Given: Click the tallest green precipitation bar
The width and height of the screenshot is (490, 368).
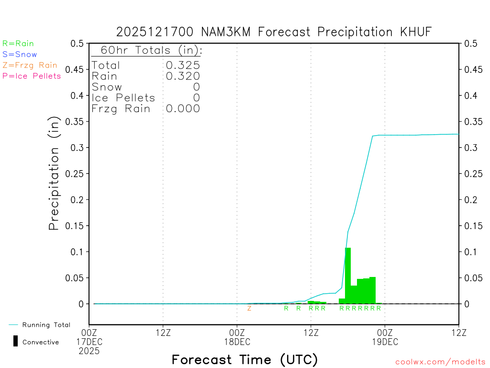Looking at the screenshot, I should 348,276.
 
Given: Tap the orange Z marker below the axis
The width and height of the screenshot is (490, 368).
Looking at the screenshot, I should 249,308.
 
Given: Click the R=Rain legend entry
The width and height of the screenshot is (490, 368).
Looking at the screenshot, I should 18,44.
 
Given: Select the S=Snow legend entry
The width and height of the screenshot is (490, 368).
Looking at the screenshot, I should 20,55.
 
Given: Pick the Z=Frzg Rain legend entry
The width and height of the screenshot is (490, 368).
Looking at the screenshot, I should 30,65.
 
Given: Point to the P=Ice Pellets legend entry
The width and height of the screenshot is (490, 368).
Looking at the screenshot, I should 32,76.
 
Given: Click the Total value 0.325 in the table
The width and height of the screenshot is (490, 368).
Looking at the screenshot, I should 183,65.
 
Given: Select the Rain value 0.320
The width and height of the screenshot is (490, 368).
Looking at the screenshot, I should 183,76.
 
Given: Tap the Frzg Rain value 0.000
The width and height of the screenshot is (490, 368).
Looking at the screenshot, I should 183,109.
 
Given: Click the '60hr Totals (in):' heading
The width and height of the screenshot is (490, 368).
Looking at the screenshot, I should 146,50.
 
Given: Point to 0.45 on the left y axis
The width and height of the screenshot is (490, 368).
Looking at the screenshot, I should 77,69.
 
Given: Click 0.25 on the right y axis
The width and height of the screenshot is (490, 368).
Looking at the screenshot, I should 473,173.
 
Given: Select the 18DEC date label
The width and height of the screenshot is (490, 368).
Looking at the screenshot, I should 237,342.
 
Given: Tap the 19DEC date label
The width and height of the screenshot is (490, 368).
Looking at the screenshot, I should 385,342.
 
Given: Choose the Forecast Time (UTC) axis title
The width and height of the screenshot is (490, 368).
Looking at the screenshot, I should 245,359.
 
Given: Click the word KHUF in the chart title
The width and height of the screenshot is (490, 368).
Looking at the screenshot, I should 415,32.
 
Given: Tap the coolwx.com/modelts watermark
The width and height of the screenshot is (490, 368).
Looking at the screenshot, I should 440,362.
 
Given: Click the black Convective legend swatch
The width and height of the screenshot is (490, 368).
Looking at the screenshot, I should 15,341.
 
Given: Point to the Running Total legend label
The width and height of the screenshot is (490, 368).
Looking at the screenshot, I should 46,325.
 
